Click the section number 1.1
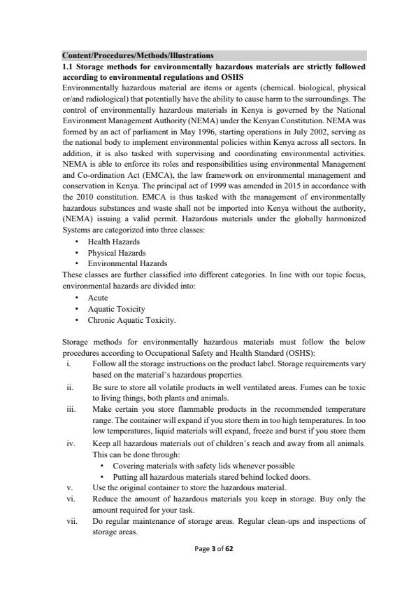pyautogui.click(x=69, y=65)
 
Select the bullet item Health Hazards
pyautogui.click(x=113, y=242)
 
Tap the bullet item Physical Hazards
pyautogui.click(x=116, y=252)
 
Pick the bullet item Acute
pyautogui.click(x=98, y=298)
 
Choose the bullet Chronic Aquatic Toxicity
pyautogui.click(x=131, y=320)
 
